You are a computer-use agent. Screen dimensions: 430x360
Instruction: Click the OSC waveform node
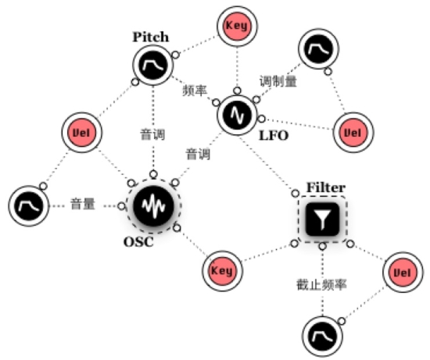153,205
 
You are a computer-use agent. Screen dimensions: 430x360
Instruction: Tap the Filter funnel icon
322,219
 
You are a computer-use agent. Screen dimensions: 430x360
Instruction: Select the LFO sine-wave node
237,116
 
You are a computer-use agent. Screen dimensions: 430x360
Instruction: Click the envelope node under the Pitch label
153,65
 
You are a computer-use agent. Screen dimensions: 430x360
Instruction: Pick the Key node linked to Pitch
237,26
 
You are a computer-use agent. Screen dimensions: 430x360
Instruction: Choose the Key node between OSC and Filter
222,271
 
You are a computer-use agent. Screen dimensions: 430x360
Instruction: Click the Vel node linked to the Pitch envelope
82,133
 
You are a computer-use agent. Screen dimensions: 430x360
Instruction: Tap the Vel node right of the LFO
353,133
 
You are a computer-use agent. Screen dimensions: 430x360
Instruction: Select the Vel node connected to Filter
403,273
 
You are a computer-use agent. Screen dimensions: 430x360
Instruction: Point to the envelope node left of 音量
29,205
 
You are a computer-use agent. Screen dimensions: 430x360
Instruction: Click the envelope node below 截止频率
322,337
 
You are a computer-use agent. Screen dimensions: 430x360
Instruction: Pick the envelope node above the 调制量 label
318,49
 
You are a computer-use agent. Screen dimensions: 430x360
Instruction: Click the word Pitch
151,37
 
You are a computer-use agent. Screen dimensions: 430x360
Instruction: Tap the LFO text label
274,136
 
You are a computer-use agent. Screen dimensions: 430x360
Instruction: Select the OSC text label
138,242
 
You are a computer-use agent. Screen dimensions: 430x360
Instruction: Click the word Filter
326,187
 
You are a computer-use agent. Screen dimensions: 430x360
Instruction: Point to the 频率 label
195,90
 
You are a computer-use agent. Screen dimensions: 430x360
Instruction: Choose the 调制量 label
278,81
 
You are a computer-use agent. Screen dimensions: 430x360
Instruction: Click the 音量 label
83,204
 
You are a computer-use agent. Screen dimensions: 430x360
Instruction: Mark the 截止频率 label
321,285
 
